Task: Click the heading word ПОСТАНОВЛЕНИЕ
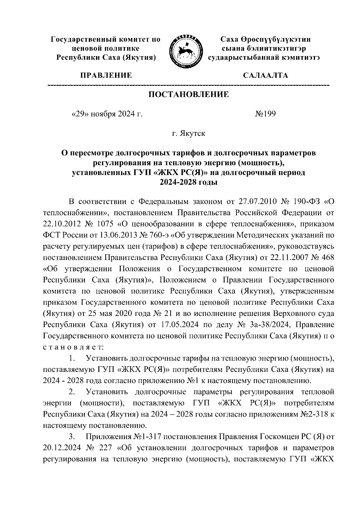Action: [189, 95]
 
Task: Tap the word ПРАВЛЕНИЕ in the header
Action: [105, 76]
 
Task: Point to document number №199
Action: [265, 114]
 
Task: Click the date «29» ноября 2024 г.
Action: [106, 114]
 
